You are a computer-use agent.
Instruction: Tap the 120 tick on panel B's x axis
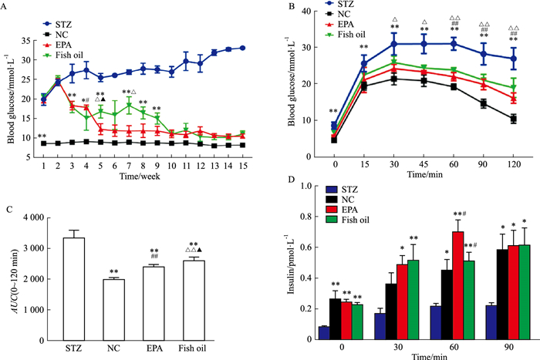coord(512,164)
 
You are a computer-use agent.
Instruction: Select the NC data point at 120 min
coord(512,118)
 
